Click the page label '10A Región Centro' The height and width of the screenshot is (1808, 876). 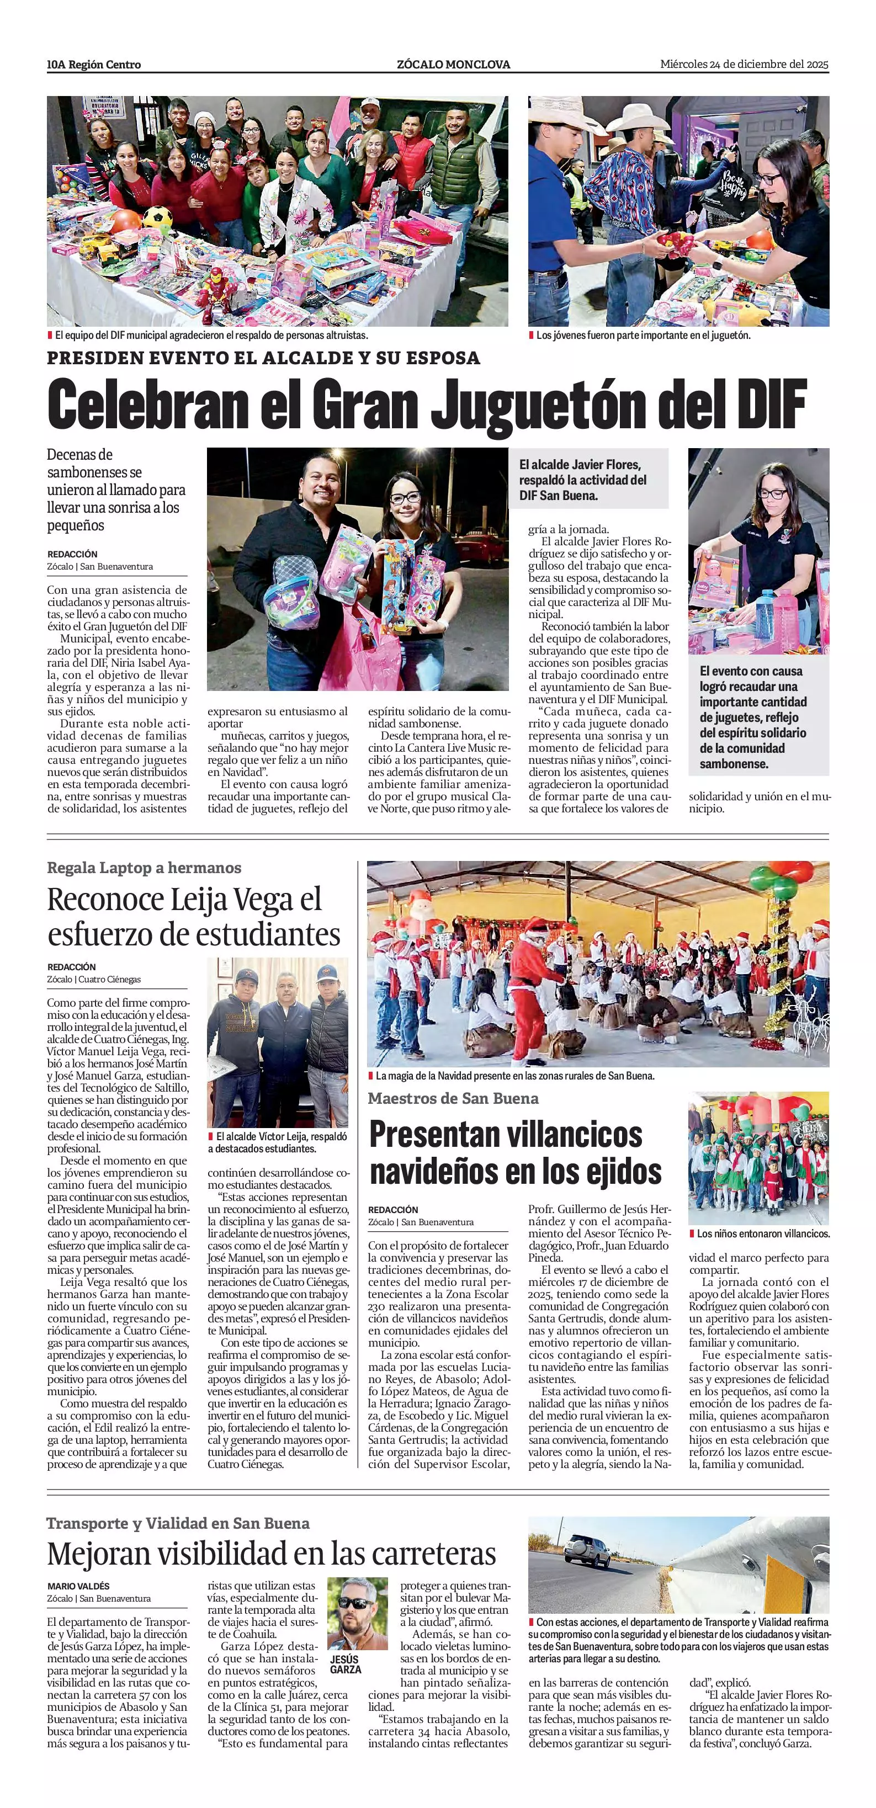(x=94, y=65)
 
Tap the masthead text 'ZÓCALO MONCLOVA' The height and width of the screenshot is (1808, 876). (x=453, y=65)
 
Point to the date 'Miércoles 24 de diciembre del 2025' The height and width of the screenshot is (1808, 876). (x=744, y=64)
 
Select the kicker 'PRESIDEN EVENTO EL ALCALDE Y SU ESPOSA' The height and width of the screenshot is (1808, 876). (x=263, y=358)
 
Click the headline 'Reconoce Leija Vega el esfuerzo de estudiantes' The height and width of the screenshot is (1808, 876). (x=194, y=917)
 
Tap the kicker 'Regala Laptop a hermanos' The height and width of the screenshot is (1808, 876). (x=144, y=868)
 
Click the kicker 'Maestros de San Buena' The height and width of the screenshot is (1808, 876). (x=453, y=1098)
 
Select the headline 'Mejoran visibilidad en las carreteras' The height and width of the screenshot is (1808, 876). (x=272, y=1554)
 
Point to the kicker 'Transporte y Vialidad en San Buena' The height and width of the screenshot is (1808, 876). (x=178, y=1523)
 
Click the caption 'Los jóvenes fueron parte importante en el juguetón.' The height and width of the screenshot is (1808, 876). (x=643, y=336)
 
